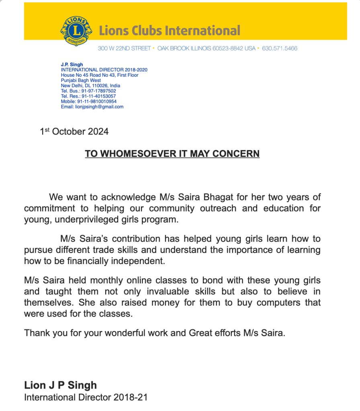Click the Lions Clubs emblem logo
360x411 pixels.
[x=76, y=31]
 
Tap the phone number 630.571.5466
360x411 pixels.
[x=280, y=49]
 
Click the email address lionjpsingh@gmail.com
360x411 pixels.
[x=99, y=107]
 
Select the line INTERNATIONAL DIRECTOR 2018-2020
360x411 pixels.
[x=104, y=70]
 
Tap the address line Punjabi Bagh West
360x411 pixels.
[x=81, y=80]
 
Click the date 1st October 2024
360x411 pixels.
[x=74, y=132]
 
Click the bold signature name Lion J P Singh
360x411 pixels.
[x=61, y=385]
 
